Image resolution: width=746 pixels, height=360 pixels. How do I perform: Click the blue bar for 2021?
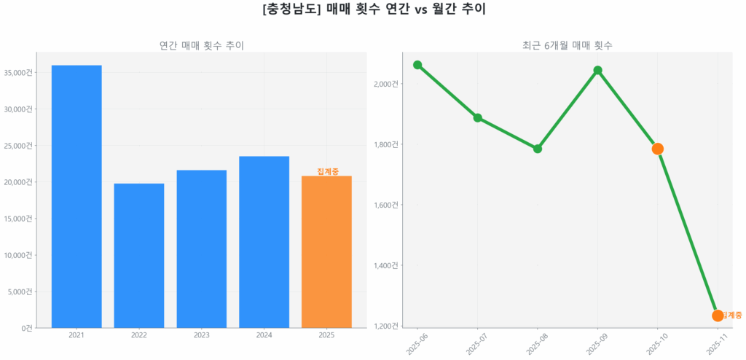tap(76, 197)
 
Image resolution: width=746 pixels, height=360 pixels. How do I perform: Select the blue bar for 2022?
tap(139, 255)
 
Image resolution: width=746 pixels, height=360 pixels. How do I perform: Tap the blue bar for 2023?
tap(202, 249)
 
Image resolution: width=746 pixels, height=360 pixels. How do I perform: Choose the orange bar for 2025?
tap(326, 251)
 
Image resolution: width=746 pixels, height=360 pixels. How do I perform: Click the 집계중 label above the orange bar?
tap(328, 171)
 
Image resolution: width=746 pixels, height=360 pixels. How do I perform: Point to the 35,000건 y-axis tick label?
tap(18, 72)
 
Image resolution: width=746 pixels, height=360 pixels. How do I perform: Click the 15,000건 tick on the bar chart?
tap(18, 219)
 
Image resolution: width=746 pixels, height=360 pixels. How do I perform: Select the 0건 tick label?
tap(27, 328)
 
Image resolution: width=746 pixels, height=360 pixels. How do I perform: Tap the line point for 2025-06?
tap(417, 65)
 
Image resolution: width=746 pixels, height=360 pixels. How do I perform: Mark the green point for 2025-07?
tap(478, 117)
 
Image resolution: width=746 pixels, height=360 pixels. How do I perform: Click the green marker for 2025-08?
tap(538, 149)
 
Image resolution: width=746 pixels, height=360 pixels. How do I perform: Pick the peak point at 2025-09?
tap(597, 71)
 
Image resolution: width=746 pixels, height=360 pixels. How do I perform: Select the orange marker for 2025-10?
tap(658, 149)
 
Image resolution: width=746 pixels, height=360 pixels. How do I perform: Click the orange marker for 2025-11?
tap(718, 316)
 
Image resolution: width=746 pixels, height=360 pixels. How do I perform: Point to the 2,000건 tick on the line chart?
tap(386, 84)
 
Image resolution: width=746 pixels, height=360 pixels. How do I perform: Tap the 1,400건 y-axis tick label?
tap(386, 265)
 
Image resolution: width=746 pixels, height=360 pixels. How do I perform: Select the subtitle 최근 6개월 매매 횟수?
tap(567, 45)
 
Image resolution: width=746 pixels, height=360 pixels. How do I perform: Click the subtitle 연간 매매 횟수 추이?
tap(201, 45)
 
